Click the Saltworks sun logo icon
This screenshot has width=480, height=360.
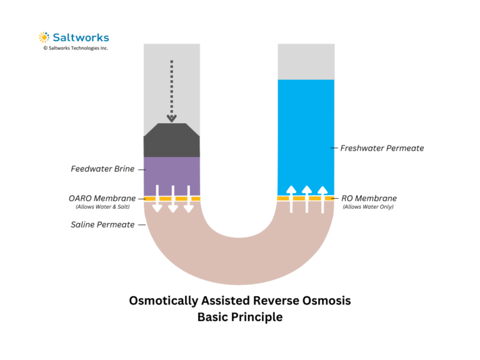pyautogui.click(x=44, y=37)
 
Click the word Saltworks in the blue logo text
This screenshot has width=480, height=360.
pyautogui.click(x=80, y=37)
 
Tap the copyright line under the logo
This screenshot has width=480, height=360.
pyautogui.click(x=75, y=48)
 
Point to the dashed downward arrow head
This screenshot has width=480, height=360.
pyautogui.click(x=172, y=117)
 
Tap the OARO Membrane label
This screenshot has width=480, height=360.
pyautogui.click(x=102, y=198)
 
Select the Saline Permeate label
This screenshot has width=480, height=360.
pyautogui.click(x=102, y=224)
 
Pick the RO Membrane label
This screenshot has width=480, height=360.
pyautogui.click(x=369, y=198)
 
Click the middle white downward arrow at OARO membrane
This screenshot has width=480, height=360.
pyautogui.click(x=172, y=199)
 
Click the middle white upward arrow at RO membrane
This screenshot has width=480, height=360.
pyautogui.click(x=306, y=199)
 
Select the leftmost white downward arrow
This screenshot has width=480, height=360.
pyautogui.click(x=157, y=199)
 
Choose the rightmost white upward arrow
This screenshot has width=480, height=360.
pyautogui.click(x=322, y=199)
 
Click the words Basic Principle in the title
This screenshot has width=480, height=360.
pyautogui.click(x=240, y=317)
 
